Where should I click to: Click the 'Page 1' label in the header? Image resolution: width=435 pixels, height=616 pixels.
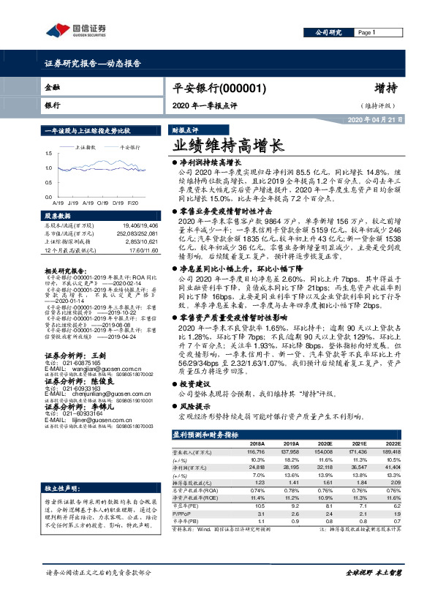click(368, 34)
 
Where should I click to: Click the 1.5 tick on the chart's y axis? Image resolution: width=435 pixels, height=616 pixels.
click(48, 154)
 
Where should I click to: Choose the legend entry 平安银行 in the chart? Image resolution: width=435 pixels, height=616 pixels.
click(130, 147)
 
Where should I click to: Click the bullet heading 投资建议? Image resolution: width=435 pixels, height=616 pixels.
click(197, 383)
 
